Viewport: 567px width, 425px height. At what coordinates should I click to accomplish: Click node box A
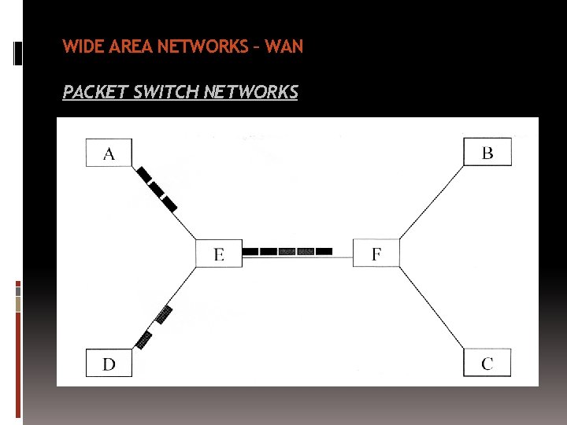pos(109,153)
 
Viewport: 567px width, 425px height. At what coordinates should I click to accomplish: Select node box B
pos(487,151)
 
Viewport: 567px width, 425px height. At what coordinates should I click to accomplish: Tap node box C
pos(487,363)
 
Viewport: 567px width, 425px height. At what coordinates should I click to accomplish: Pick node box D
pos(109,363)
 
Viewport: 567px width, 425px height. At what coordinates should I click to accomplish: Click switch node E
pos(218,253)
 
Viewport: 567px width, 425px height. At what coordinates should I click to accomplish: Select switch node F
pos(376,253)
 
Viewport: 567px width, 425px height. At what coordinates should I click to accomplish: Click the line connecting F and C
pos(432,307)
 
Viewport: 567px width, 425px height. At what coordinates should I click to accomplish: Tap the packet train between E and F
pos(287,252)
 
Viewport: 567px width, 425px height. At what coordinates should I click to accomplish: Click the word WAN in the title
pos(284,46)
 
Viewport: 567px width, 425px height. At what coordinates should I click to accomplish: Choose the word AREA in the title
pos(129,46)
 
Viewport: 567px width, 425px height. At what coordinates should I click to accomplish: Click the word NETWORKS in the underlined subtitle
pos(250,93)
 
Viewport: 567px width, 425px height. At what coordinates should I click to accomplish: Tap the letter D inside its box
pos(109,364)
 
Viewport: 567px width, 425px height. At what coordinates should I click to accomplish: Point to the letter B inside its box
pos(487,152)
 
